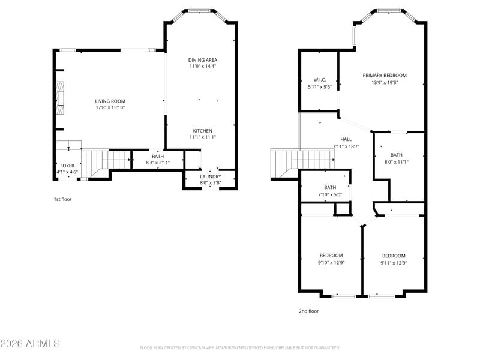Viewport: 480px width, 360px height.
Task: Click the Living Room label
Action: coord(110,101)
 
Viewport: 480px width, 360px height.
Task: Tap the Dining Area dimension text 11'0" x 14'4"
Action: coord(203,66)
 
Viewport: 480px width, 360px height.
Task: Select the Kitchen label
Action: coord(203,131)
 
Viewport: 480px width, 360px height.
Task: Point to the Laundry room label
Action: coord(211,176)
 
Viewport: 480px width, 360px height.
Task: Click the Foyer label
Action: coord(67,166)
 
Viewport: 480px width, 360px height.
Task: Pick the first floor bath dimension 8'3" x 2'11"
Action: coord(158,163)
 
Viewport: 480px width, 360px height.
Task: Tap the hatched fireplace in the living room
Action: coord(59,98)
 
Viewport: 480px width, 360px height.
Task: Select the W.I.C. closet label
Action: coord(320,80)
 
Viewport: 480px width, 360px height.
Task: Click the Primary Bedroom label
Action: coord(385,76)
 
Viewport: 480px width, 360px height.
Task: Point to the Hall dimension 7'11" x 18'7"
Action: coord(346,146)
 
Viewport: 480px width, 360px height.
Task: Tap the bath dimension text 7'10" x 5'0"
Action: coord(330,194)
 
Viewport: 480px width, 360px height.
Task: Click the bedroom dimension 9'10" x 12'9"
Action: coord(331,262)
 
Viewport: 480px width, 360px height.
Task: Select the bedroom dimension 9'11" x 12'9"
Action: coord(394,263)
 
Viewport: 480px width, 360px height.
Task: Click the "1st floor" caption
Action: coord(63,199)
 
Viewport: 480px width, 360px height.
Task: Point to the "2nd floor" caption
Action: coord(309,311)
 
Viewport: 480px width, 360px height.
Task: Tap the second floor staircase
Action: coord(303,163)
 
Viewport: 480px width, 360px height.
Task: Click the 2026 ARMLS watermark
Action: coord(30,343)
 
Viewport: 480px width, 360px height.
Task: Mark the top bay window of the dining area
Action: coord(199,11)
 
